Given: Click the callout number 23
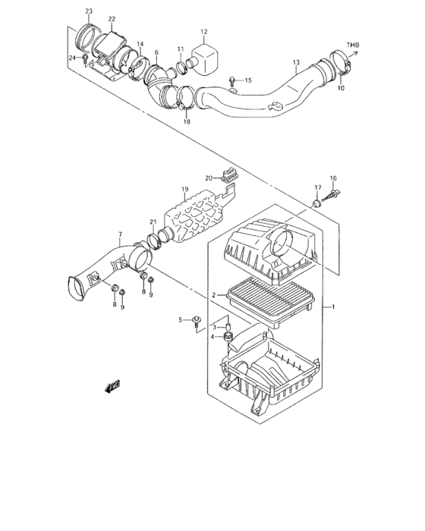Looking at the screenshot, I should click(89, 10).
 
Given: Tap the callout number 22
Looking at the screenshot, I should click(112, 18).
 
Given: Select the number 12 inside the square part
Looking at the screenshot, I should click(203, 33).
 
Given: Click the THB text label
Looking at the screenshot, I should click(353, 46).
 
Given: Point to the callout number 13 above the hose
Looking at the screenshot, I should click(297, 61).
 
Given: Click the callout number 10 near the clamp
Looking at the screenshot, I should click(340, 89).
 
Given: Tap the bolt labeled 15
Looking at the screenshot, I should click(231, 80).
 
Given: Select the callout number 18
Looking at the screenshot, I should click(186, 121).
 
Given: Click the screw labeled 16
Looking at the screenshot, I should click(330, 199).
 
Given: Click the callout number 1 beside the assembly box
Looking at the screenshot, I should click(331, 306).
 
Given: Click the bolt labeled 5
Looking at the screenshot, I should click(195, 321).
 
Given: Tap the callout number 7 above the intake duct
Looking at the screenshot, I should click(119, 234).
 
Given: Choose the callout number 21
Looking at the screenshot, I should click(153, 222).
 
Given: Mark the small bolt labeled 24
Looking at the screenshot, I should click(85, 57).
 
